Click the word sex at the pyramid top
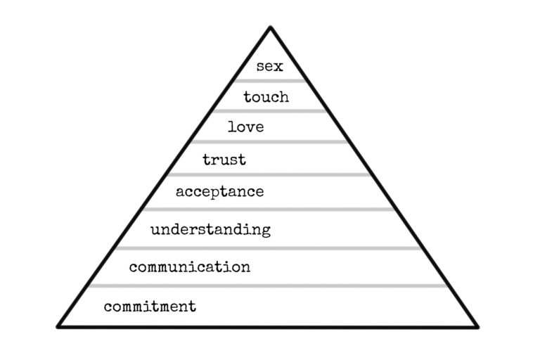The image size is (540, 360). pyautogui.click(x=270, y=67)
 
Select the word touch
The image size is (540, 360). pyautogui.click(x=266, y=97)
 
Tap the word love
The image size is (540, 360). pyautogui.click(x=246, y=127)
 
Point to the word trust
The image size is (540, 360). pyautogui.click(x=224, y=160)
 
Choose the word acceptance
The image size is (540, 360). pyautogui.click(x=219, y=191)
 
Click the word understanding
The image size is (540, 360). pyautogui.click(x=210, y=229)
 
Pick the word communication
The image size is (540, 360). pyautogui.click(x=189, y=267)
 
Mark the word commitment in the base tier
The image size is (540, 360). pyautogui.click(x=150, y=307)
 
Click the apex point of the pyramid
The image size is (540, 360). pyautogui.click(x=270, y=27)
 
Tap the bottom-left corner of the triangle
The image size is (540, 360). pyautogui.click(x=58, y=326)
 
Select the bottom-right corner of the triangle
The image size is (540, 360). pyautogui.click(x=477, y=326)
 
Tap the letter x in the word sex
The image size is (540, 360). pyautogui.click(x=279, y=67)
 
